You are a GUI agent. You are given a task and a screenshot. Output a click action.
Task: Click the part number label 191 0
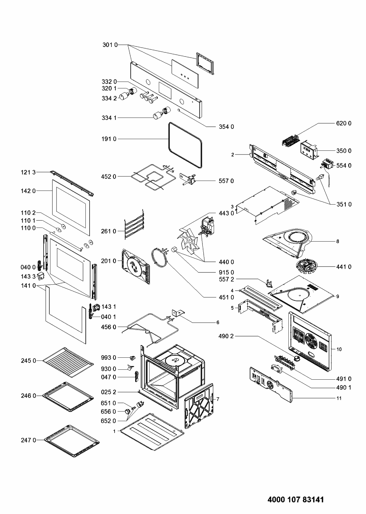point(109,139)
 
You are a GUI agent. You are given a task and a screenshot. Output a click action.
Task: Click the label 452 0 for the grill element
point(109,177)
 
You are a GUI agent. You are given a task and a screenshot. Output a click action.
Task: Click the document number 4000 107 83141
point(295,500)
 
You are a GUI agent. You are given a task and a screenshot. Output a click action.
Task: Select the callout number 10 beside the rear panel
point(339,350)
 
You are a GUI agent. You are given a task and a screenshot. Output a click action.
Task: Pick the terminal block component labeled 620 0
point(291,141)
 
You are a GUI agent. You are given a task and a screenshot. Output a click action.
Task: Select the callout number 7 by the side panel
point(217,399)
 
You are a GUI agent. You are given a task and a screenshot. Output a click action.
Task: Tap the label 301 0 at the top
point(110,45)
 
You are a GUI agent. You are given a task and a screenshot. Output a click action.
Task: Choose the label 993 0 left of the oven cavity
point(109,357)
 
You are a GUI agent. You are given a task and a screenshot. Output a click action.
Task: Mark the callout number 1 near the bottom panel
point(115,431)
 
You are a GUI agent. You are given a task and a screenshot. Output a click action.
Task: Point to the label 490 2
point(226,336)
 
